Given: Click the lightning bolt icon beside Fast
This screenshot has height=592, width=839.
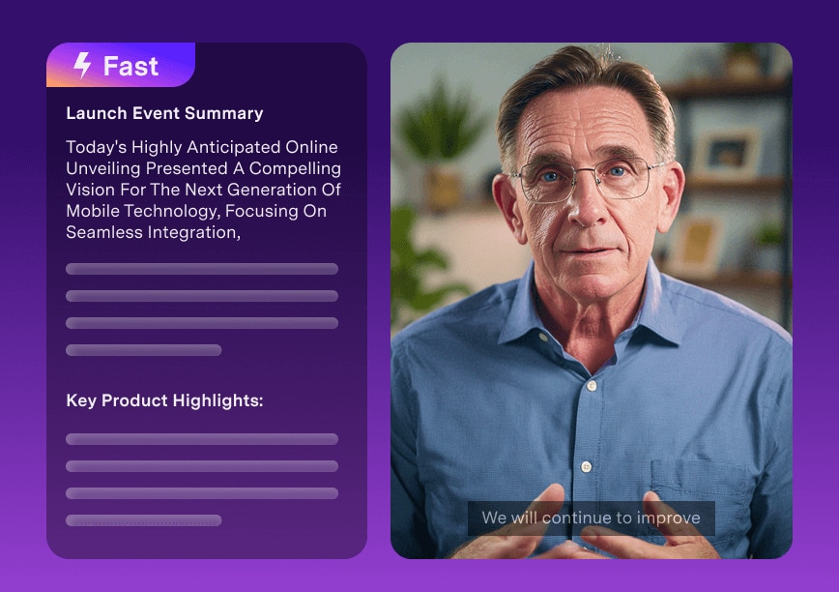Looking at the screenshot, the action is pos(82,66).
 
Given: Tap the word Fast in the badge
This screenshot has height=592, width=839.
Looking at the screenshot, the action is pos(130,67).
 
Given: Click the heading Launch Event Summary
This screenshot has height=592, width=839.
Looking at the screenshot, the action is pos(164,113).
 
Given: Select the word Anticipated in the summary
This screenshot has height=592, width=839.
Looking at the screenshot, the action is pos(233,147).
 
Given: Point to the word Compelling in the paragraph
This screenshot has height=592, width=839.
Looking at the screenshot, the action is pos(295,168).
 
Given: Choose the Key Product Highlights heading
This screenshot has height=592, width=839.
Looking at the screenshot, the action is pos(164,400).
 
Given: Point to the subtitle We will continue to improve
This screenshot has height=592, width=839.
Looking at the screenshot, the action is pos(591,518).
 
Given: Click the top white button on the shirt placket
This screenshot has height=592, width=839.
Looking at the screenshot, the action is pos(592,385).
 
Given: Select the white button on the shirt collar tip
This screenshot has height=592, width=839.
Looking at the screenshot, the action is pos(543,338).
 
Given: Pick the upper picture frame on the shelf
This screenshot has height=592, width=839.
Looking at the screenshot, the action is pos(726,153).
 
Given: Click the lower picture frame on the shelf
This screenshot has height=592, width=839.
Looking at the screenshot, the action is pos(698,241).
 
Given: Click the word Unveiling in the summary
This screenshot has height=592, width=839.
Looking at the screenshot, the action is pos(103,168).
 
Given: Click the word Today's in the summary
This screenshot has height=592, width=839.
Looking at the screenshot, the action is pos(97,147).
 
